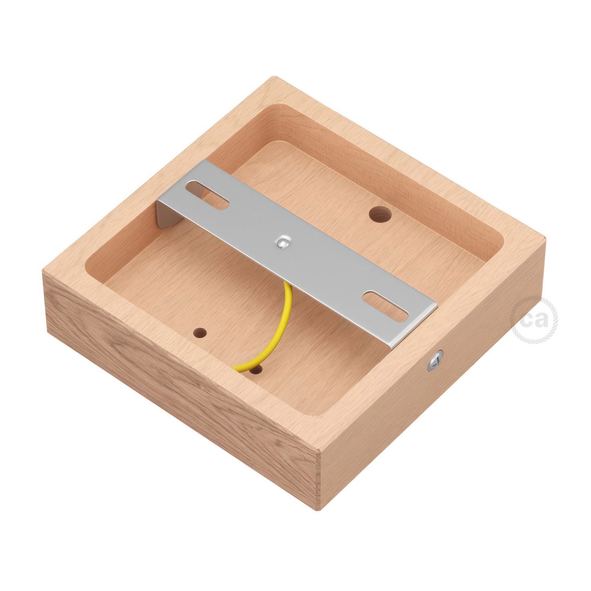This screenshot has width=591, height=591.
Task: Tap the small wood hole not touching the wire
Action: (x=201, y=331)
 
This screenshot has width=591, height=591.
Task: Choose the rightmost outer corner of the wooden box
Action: (x=545, y=237)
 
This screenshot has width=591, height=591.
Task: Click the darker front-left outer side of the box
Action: (x=180, y=384)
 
